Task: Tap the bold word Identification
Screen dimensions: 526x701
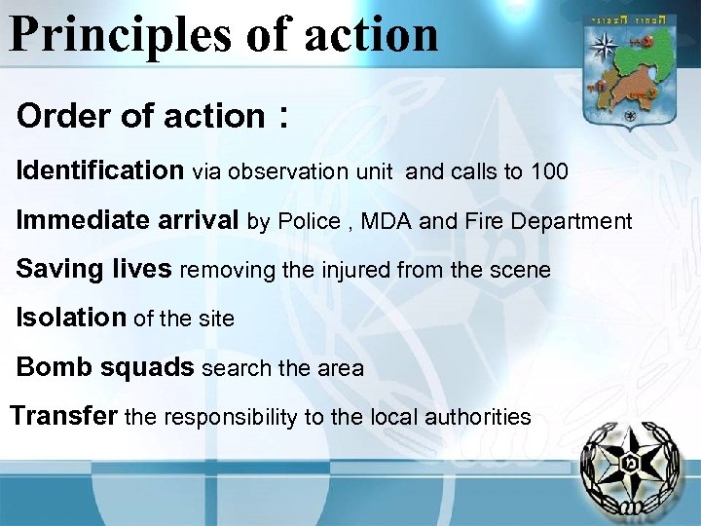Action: click(x=99, y=171)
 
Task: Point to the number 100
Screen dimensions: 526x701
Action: click(x=549, y=172)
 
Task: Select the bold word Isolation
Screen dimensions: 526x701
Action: click(x=71, y=318)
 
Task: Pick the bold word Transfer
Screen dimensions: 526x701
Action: click(x=64, y=417)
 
